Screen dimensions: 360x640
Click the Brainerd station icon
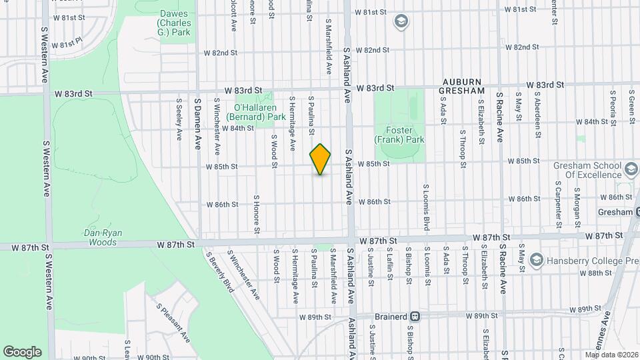tap(415, 317)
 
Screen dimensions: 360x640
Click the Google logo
tap(22, 351)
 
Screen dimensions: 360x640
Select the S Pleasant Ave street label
tap(173, 323)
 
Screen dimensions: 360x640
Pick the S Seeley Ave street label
tap(179, 120)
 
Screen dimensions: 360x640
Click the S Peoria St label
tap(593, 115)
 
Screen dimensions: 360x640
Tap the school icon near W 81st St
tap(401, 22)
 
